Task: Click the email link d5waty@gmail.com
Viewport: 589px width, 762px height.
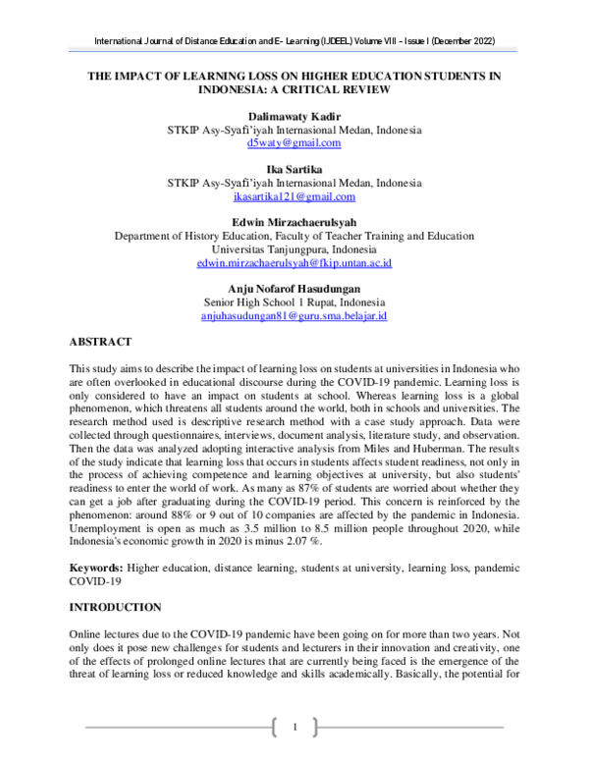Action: coord(294,142)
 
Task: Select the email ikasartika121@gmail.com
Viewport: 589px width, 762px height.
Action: coord(294,196)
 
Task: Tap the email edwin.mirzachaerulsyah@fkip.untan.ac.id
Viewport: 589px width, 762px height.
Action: coord(294,263)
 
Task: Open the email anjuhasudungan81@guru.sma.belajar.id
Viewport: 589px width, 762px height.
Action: coord(294,316)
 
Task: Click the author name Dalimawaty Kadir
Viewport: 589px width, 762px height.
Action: coord(294,116)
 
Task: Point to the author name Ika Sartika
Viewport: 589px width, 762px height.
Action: coord(294,169)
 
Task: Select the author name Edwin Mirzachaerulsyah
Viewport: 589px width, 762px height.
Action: coord(294,222)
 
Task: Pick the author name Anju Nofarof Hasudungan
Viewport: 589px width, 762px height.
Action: coord(294,289)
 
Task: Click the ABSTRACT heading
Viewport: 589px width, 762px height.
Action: coord(100,342)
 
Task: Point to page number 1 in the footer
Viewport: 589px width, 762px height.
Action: coord(294,727)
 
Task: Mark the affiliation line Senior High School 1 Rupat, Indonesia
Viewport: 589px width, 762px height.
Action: coord(294,302)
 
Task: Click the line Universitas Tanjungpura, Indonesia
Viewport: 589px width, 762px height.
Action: coord(294,249)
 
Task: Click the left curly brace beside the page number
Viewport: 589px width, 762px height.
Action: coord(273,727)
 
